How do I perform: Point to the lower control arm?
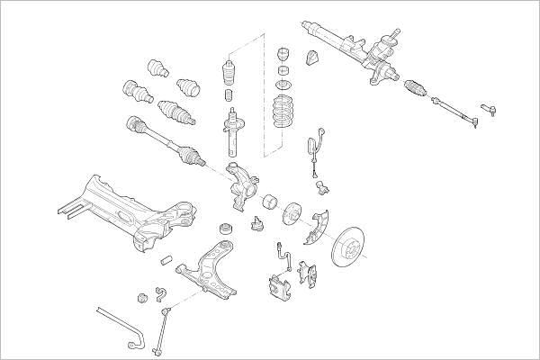pos(209,270)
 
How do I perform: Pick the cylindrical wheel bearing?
pos(267,203)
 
